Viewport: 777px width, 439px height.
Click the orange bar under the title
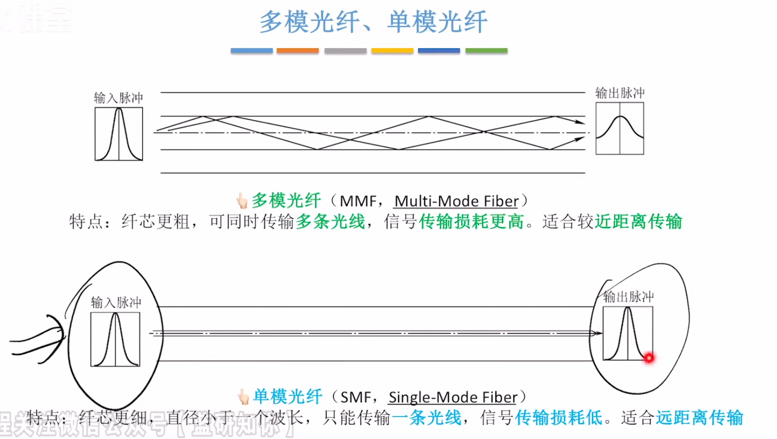pyautogui.click(x=298, y=51)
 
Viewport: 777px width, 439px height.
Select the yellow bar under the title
pyautogui.click(x=392, y=51)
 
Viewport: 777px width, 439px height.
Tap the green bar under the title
pyautogui.click(x=486, y=51)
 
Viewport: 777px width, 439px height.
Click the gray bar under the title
pyautogui.click(x=345, y=51)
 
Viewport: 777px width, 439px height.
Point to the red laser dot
pyautogui.click(x=649, y=358)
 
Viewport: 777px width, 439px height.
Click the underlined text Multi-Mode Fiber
pyautogui.click(x=456, y=201)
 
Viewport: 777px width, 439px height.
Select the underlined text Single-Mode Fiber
pyautogui.click(x=453, y=397)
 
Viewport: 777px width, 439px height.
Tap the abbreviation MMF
pyautogui.click(x=358, y=201)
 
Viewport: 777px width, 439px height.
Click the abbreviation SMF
pyautogui.click(x=356, y=397)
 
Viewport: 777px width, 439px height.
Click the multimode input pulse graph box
pyautogui.click(x=119, y=134)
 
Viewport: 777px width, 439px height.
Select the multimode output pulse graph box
pyautogui.click(x=620, y=128)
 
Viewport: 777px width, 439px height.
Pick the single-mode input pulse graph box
pyautogui.click(x=115, y=339)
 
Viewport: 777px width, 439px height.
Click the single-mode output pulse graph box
pyautogui.click(x=628, y=334)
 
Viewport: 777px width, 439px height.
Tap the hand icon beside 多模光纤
pyautogui.click(x=242, y=201)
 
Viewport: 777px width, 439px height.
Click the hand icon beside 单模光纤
pyautogui.click(x=244, y=397)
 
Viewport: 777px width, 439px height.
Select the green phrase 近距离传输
pyautogui.click(x=638, y=222)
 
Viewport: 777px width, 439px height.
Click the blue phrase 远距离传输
pyautogui.click(x=699, y=418)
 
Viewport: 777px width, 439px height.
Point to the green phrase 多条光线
pyautogui.click(x=330, y=222)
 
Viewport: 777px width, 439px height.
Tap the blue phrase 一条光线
pyautogui.click(x=426, y=418)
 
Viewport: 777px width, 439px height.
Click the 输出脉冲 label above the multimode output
pyautogui.click(x=620, y=93)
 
